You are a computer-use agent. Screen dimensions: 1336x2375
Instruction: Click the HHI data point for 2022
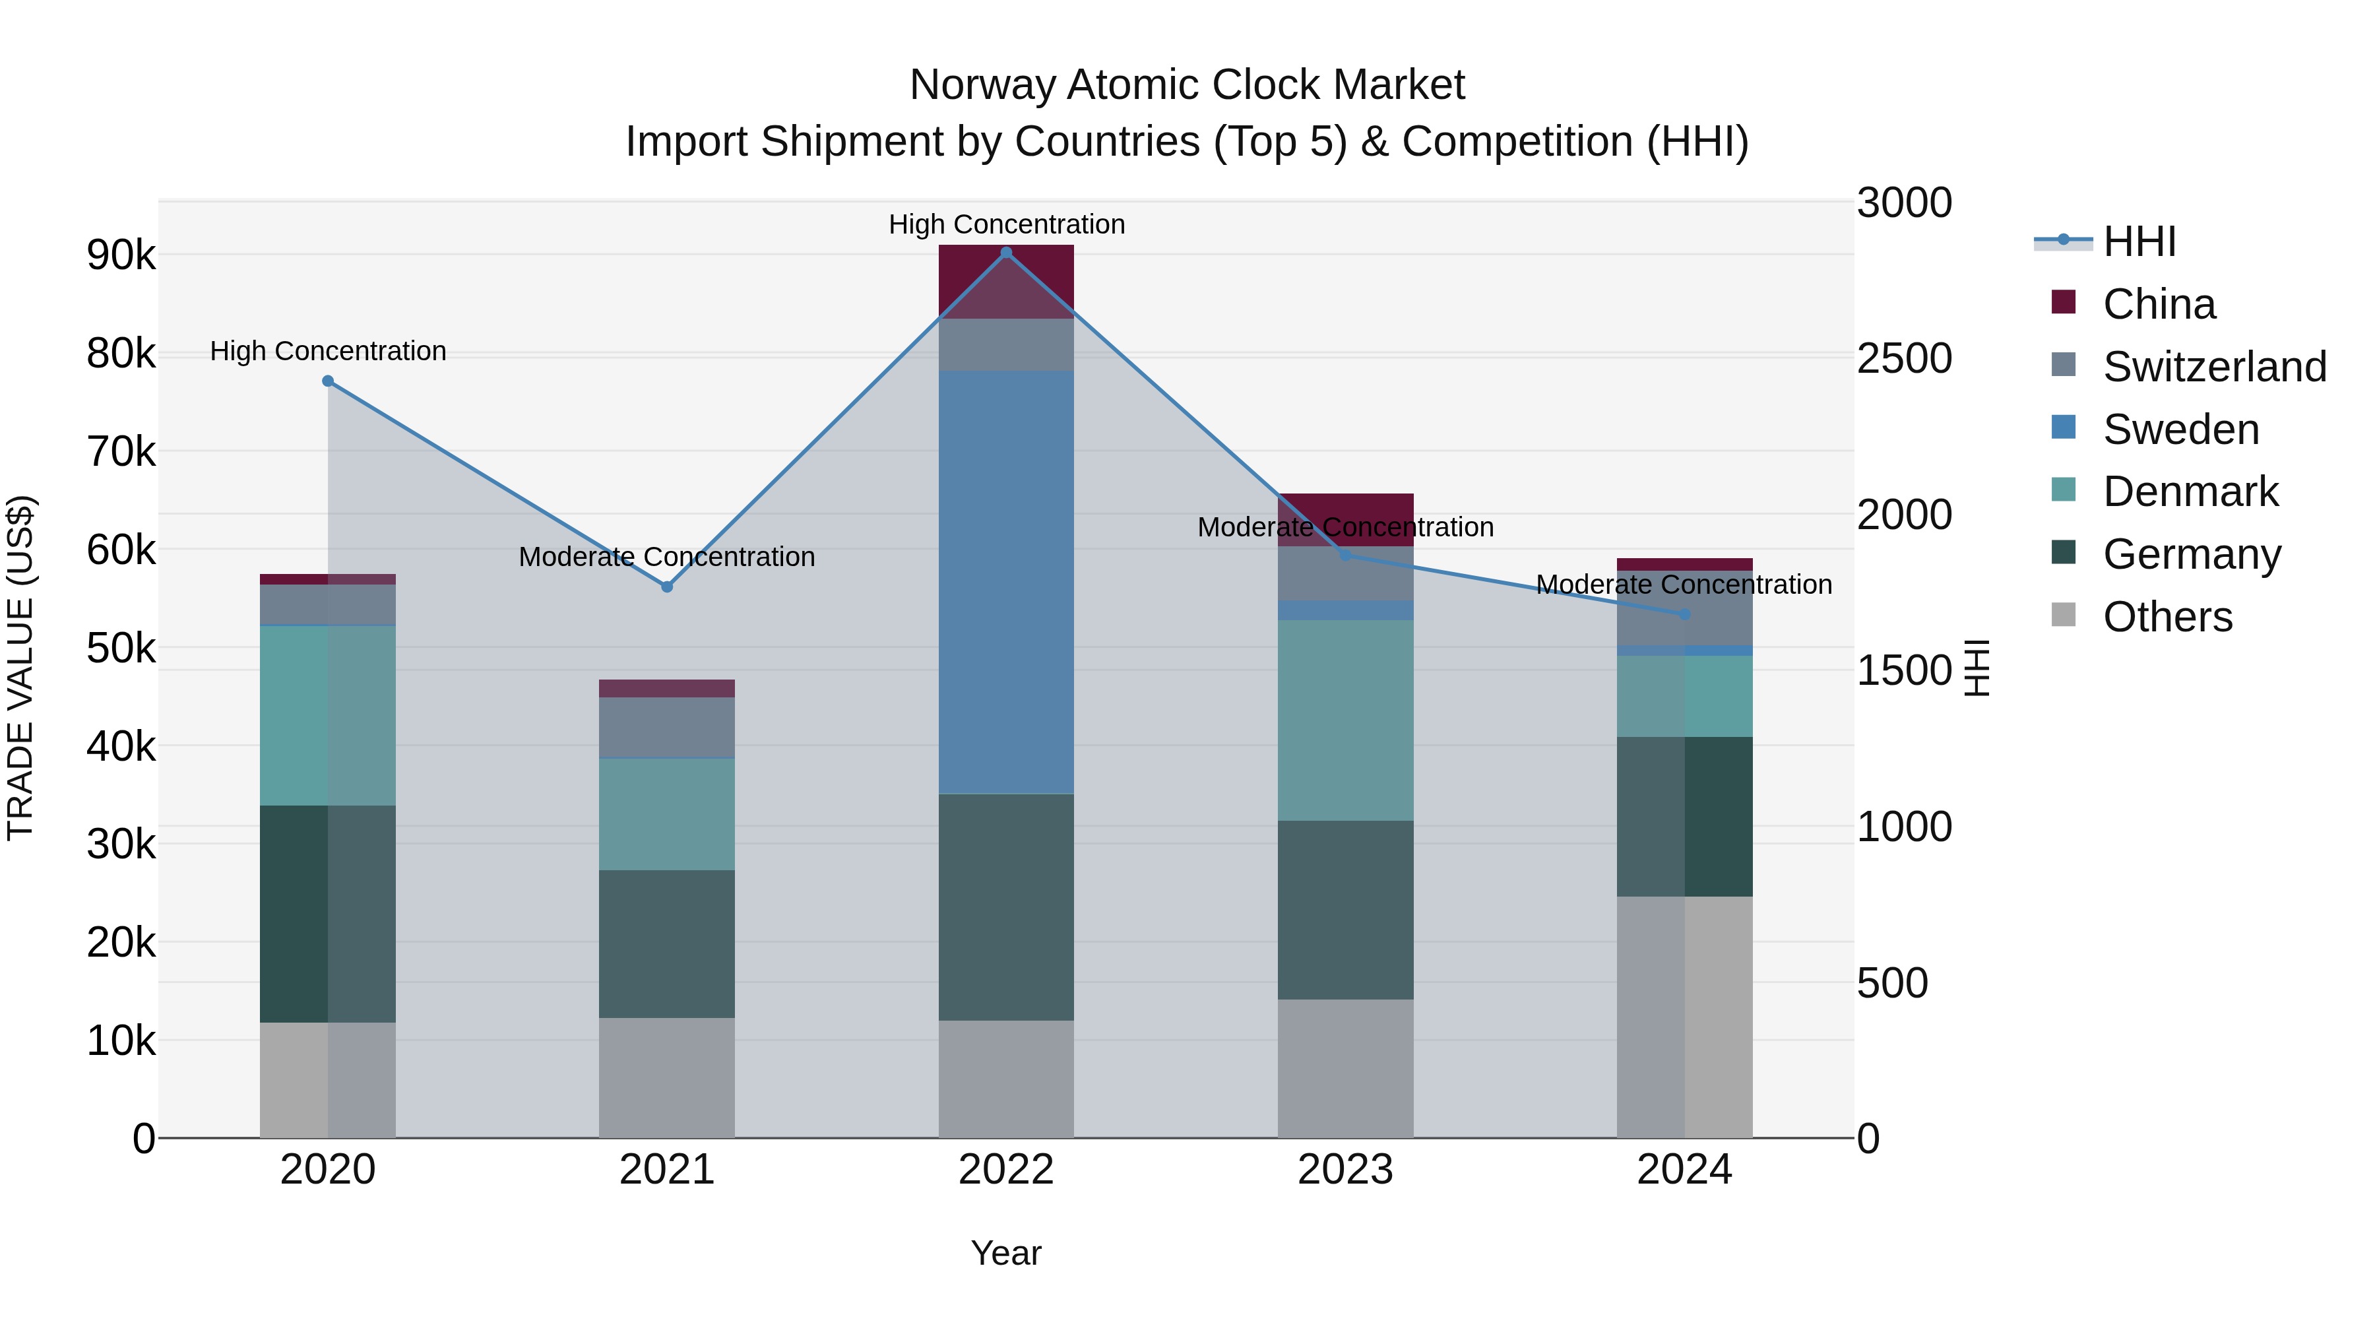[1006, 253]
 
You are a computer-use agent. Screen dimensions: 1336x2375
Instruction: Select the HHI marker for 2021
[666, 587]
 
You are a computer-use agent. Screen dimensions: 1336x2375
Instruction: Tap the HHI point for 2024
[1684, 614]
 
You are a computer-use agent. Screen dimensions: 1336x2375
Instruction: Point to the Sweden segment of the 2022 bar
[1006, 581]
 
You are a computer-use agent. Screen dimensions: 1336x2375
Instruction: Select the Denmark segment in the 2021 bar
[666, 813]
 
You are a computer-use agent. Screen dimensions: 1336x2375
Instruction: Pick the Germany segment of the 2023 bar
[1345, 909]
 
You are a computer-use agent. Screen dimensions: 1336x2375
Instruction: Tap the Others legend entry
[2167, 617]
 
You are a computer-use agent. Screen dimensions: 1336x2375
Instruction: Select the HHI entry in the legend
[2139, 241]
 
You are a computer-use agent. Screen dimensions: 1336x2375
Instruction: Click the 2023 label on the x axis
[1345, 1170]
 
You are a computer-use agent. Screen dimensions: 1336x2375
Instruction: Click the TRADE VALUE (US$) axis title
[20, 668]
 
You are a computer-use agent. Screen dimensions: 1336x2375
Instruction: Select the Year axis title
[1006, 1253]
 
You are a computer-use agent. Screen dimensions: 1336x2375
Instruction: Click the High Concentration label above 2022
[1006, 224]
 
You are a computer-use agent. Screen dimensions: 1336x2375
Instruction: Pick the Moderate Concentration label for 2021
[666, 557]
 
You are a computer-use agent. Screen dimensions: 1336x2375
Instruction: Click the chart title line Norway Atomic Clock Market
[1187, 85]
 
